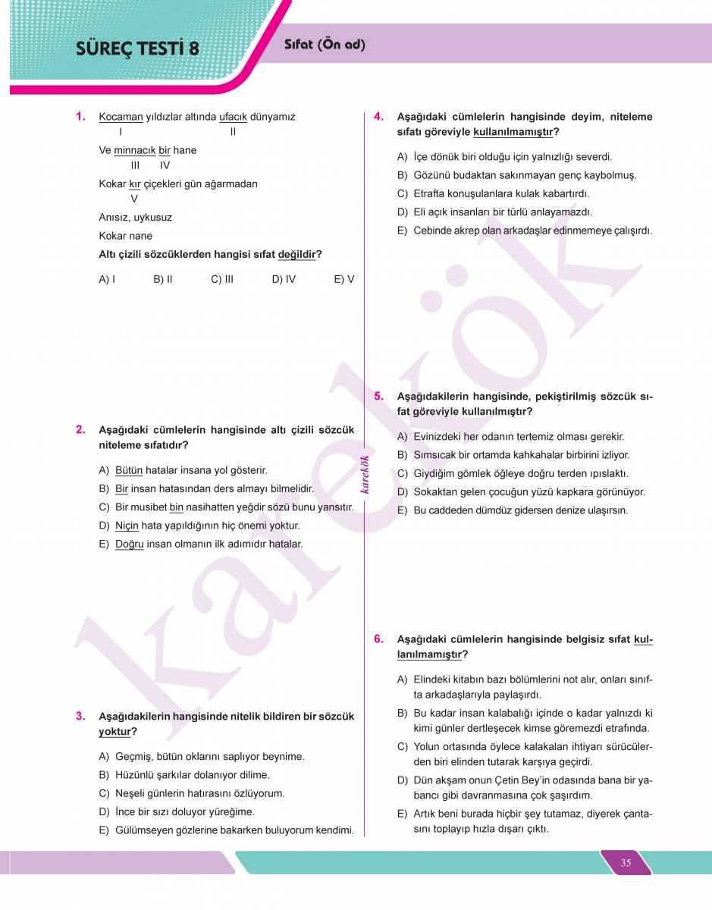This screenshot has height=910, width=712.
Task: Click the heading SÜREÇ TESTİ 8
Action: (x=137, y=49)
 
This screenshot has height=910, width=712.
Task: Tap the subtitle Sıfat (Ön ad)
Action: (x=325, y=45)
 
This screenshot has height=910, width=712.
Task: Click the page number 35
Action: (x=626, y=863)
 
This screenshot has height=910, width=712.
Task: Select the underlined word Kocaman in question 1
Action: (x=121, y=117)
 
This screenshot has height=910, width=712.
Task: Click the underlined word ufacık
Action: (x=233, y=117)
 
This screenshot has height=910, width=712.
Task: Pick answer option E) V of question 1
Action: (x=343, y=279)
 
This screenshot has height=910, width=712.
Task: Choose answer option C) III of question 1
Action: (x=222, y=279)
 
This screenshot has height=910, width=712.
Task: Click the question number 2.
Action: (x=80, y=430)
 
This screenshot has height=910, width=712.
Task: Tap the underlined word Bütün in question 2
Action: (x=129, y=470)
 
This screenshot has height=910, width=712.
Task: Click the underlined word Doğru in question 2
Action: (x=130, y=544)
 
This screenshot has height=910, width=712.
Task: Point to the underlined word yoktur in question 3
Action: (x=114, y=732)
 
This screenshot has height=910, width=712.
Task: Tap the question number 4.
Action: (x=379, y=117)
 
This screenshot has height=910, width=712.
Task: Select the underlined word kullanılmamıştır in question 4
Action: (x=513, y=132)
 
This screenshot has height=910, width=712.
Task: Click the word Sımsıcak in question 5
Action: (x=436, y=455)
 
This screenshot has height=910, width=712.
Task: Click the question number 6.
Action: (x=379, y=639)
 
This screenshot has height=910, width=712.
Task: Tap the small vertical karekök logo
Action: (x=365, y=474)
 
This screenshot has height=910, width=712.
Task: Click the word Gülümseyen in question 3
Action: (x=144, y=830)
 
